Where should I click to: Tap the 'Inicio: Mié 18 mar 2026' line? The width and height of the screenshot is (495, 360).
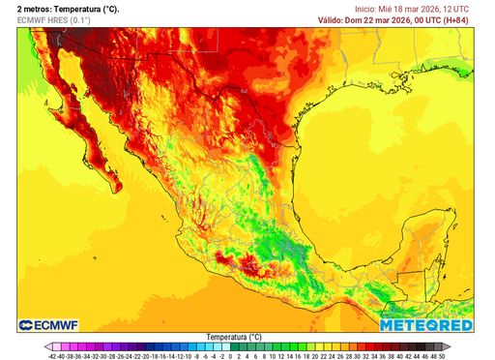tap(410, 8)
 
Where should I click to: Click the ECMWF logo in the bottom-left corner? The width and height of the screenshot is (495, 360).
tap(48, 325)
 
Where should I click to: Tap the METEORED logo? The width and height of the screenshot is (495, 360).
tap(426, 325)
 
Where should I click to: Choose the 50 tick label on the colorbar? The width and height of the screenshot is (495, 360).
tap(442, 355)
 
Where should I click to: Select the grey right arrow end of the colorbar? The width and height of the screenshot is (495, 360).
tap(448, 345)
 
